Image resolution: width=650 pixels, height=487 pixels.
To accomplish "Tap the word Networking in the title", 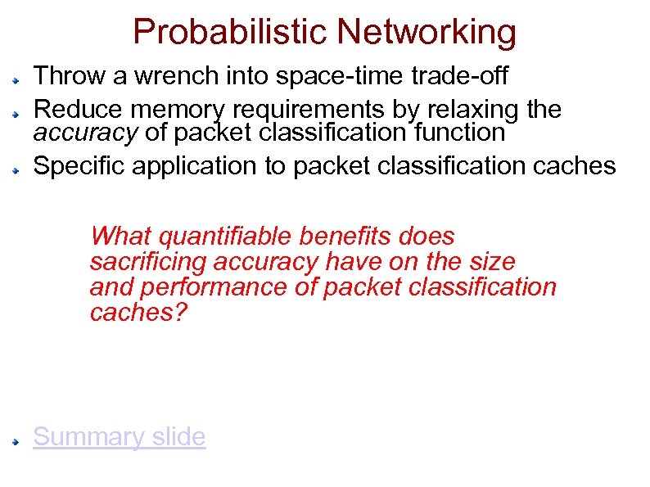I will (x=427, y=32).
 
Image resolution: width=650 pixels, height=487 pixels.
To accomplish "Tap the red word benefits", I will (x=347, y=237).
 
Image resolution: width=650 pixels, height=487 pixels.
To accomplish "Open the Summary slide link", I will (x=119, y=437).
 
